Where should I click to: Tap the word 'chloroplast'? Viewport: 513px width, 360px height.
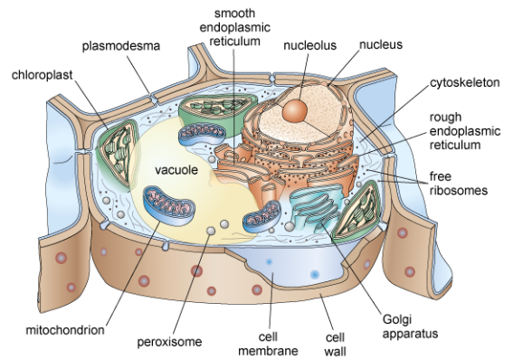coord(41,71)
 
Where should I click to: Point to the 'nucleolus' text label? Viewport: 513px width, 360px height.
coord(309,44)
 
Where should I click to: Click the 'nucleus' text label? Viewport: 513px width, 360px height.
coord(380,43)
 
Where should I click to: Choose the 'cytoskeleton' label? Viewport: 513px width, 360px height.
coord(462,81)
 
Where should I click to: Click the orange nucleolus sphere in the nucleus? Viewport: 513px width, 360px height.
coord(294,111)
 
